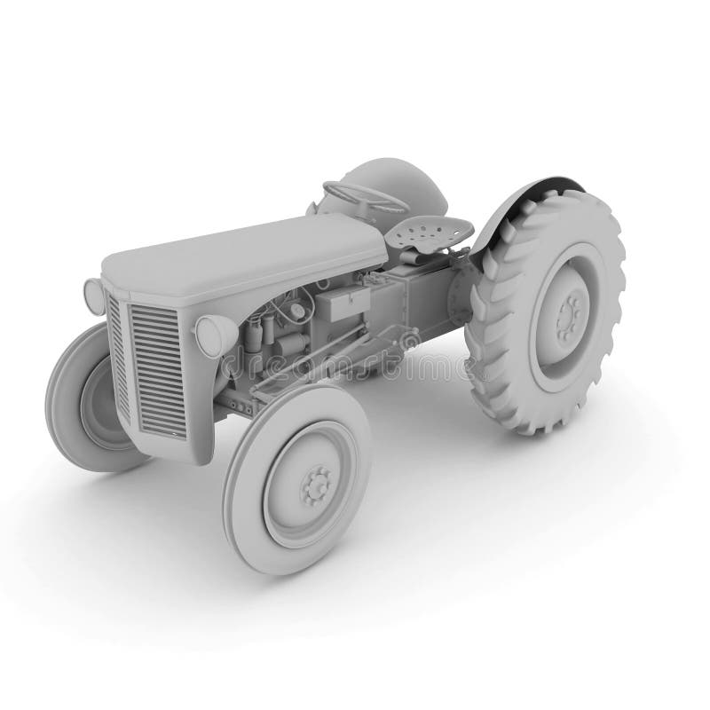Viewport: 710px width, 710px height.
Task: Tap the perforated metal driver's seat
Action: [x=430, y=233]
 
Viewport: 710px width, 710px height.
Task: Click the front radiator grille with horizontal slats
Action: [x=158, y=367]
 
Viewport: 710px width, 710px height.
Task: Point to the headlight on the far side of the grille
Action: [x=93, y=295]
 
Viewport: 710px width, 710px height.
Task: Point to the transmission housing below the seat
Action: [x=417, y=302]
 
